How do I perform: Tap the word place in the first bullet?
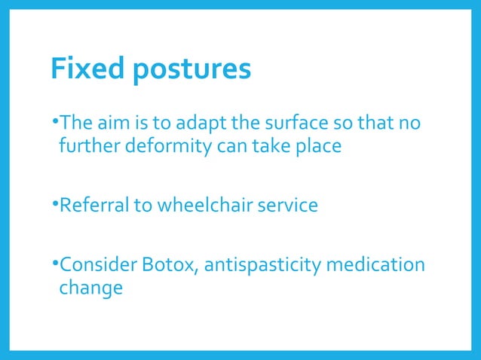click(319, 145)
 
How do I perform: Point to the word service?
click(286, 205)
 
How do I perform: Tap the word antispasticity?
click(259, 265)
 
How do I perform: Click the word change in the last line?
click(90, 289)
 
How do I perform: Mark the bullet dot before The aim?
click(55, 119)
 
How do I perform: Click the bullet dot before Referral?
click(55, 203)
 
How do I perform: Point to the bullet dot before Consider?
click(55, 263)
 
